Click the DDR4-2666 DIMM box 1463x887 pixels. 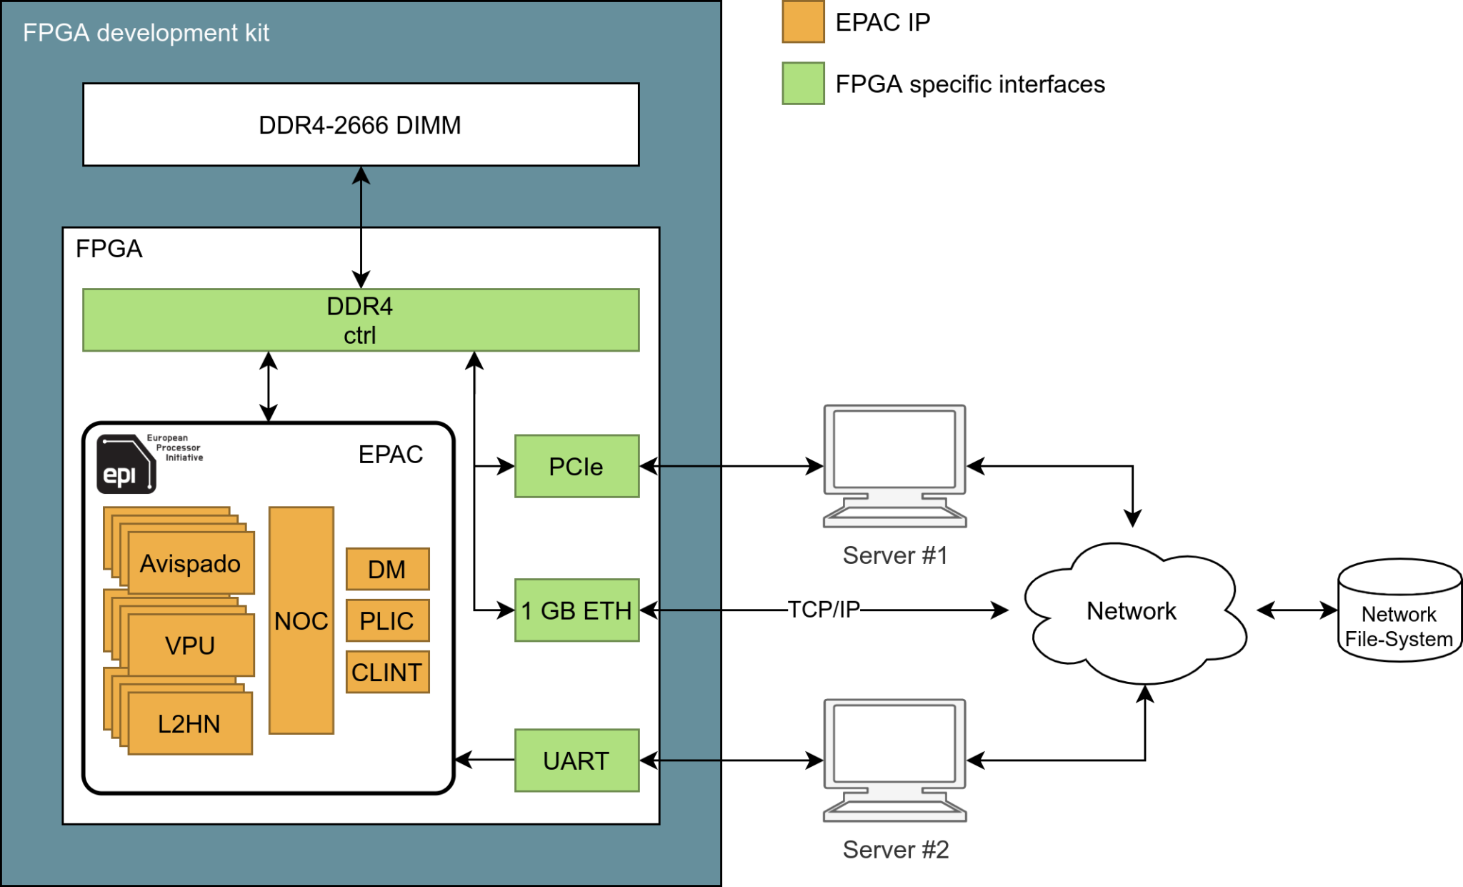click(361, 125)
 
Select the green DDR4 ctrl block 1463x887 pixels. click(361, 320)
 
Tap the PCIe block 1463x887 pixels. click(576, 467)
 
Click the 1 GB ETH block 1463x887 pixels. click(576, 610)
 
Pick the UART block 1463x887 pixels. click(576, 760)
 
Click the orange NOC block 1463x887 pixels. click(301, 620)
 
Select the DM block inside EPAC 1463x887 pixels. click(387, 570)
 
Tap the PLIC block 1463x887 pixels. click(387, 620)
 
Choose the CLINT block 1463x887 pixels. click(387, 672)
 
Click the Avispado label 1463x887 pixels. click(190, 563)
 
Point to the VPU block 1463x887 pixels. click(190, 645)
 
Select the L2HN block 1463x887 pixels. click(189, 724)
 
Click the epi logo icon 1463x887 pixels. click(126, 464)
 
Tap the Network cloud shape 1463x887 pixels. click(1132, 612)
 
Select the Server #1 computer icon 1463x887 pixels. click(894, 465)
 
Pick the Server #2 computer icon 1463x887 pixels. click(894, 759)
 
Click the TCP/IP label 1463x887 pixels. click(824, 610)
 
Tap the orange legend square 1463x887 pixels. click(803, 21)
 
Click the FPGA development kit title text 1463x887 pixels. click(146, 33)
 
